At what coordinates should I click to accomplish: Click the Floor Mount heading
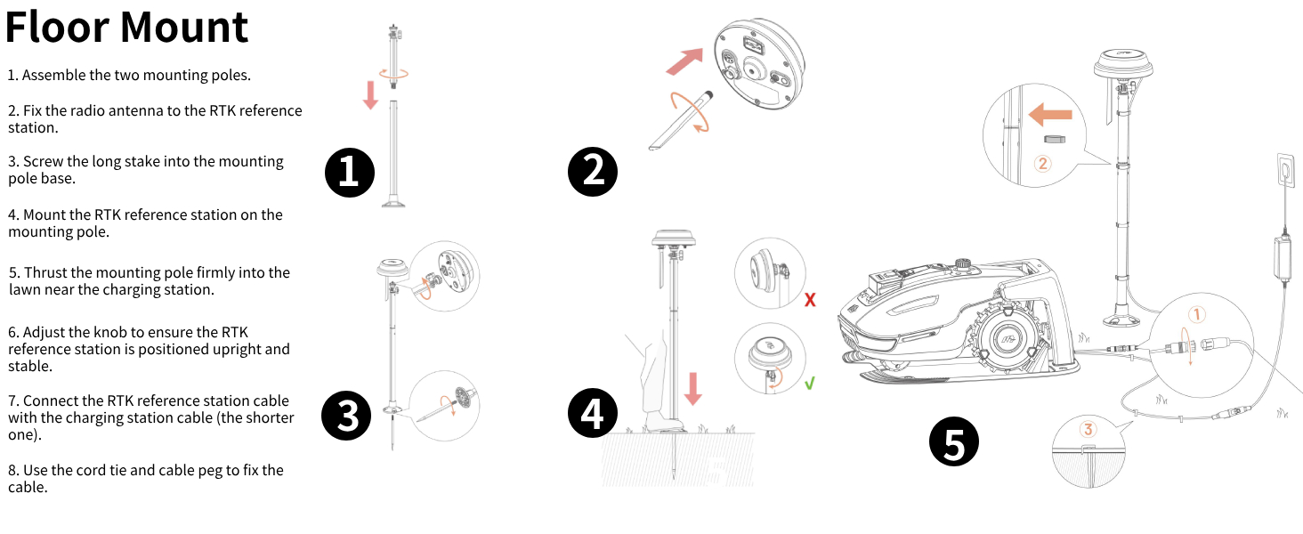(x=126, y=27)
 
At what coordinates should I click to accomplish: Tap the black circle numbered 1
(x=349, y=172)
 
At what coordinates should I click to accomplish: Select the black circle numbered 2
(x=592, y=172)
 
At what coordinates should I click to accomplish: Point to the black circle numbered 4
(x=592, y=415)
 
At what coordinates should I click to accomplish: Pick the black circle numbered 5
(x=953, y=443)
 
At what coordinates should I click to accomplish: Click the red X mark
(x=810, y=300)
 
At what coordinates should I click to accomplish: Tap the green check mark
(x=810, y=384)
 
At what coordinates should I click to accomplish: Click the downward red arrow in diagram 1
(x=371, y=93)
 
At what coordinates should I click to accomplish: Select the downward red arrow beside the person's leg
(x=693, y=388)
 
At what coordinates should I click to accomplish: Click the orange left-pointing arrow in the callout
(x=1049, y=115)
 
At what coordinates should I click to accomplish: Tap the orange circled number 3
(x=1089, y=429)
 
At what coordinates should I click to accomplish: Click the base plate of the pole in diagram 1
(x=393, y=205)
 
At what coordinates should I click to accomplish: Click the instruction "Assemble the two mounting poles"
(x=129, y=76)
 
